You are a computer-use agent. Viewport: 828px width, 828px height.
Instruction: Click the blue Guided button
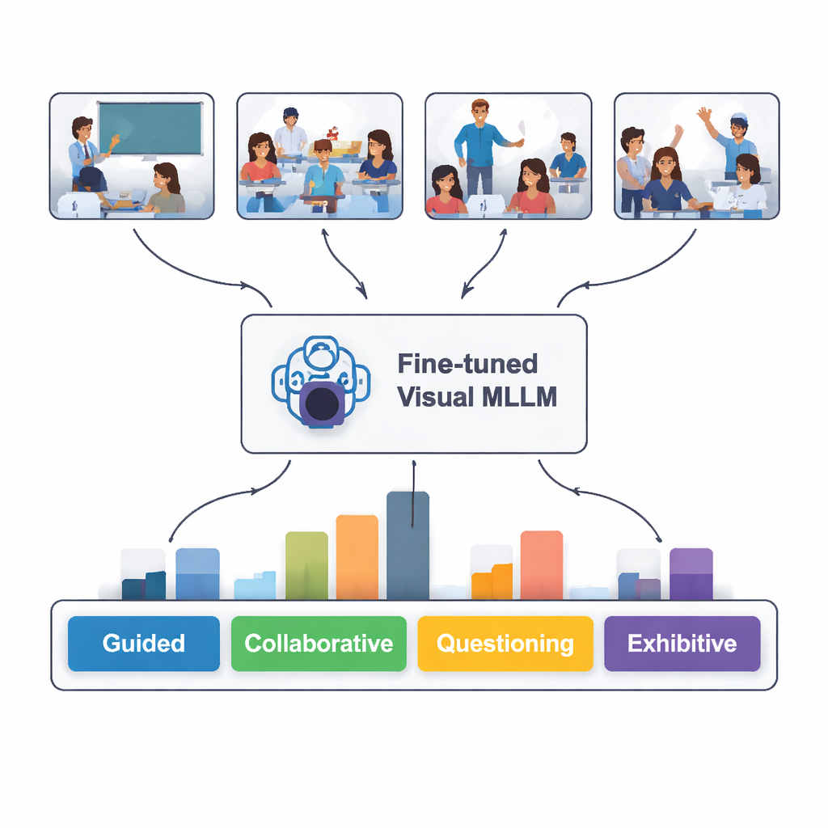click(143, 644)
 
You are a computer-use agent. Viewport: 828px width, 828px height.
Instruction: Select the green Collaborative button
click(319, 644)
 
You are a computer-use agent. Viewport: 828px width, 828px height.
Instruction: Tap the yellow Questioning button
click(505, 644)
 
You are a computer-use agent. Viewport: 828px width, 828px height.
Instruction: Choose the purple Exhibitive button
click(682, 644)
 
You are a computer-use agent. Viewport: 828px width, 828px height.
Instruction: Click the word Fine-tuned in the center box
click(467, 364)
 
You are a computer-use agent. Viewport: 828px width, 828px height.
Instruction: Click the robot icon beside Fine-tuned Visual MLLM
click(320, 382)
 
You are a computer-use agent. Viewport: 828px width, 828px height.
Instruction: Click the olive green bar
click(306, 565)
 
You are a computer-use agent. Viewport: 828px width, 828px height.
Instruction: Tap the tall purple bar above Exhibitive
click(691, 573)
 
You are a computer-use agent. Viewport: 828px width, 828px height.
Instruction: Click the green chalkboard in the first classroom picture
click(150, 128)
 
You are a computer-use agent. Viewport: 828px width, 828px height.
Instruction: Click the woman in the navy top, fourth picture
click(665, 182)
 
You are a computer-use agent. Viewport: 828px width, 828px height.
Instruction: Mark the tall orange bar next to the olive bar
click(357, 557)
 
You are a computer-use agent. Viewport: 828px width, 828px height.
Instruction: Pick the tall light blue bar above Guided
click(197, 573)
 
